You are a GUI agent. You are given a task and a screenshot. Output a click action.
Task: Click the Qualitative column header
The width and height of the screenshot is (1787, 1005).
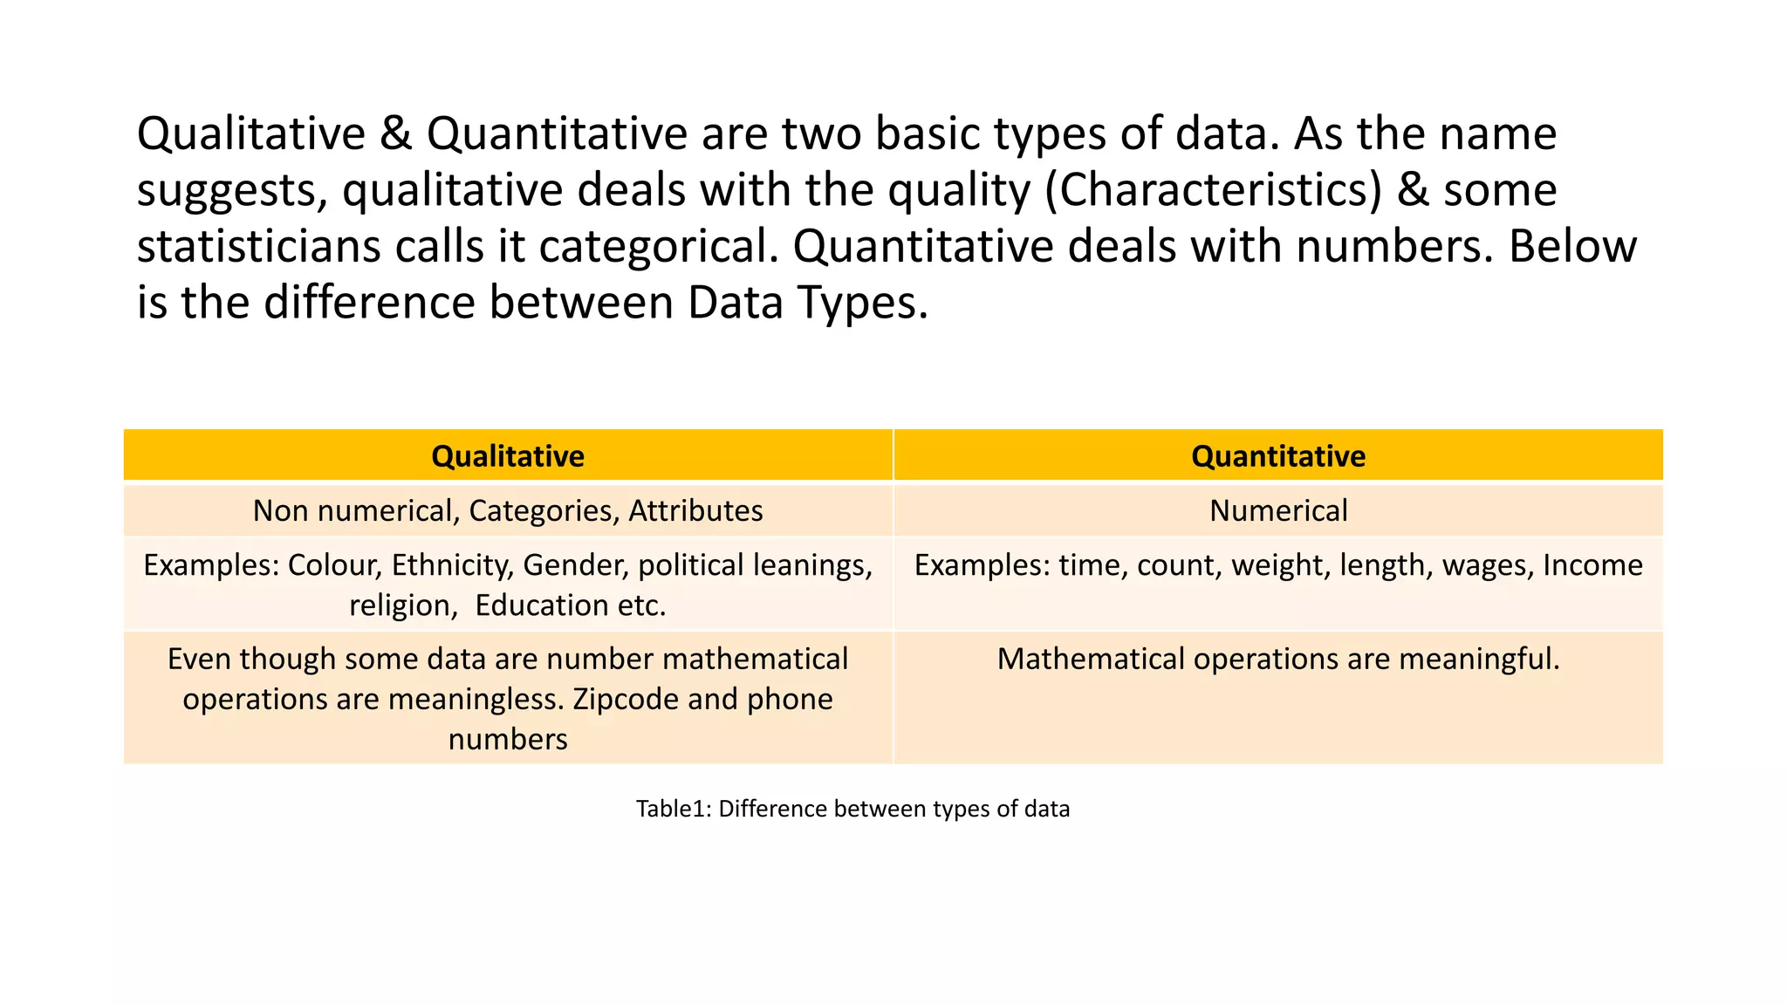508,456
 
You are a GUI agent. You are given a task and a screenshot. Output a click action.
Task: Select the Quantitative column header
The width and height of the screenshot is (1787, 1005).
1278,456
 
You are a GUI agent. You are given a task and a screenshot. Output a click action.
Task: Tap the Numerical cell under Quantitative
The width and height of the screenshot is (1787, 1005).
1278,510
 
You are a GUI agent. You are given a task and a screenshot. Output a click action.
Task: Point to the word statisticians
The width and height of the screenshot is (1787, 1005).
258,247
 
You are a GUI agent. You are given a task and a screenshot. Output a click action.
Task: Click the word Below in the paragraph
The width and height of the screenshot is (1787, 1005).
1572,247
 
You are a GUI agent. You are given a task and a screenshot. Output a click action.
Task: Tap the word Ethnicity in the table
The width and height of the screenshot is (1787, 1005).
452,565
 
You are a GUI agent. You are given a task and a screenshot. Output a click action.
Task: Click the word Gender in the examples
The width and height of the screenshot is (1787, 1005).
575,565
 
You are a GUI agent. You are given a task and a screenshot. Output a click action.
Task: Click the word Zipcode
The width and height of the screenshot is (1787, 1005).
626,699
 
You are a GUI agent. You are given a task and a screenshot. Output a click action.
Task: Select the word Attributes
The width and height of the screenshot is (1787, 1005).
695,510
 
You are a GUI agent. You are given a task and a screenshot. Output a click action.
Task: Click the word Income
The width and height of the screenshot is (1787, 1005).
1592,565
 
